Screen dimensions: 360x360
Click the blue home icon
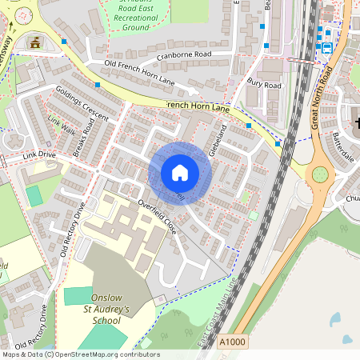[x=179, y=173]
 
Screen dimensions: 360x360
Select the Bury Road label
[x=265, y=83]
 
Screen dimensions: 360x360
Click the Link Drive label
[x=40, y=154]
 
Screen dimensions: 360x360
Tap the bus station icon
[x=326, y=48]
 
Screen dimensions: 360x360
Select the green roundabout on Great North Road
[x=320, y=174]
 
